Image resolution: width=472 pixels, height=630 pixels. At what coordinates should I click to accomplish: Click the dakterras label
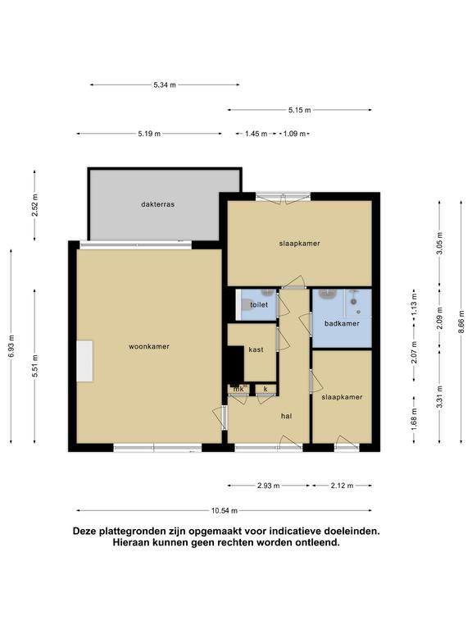coord(157,204)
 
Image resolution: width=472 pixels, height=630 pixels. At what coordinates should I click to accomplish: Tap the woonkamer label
coord(149,346)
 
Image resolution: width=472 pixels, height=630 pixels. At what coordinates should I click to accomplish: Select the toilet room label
coord(259,304)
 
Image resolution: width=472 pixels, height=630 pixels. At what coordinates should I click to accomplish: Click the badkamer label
coord(342,323)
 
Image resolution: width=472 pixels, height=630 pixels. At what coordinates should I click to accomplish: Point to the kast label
coord(256,349)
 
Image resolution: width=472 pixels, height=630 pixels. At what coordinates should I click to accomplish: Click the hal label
coord(286,416)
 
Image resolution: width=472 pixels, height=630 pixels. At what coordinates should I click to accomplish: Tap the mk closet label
coord(238,389)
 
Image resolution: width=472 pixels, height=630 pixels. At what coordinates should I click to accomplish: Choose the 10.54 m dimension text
coord(225,511)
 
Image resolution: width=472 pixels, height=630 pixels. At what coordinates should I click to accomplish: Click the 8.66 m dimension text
coord(461,322)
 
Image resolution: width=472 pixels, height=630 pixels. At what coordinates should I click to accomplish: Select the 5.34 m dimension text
coord(165,84)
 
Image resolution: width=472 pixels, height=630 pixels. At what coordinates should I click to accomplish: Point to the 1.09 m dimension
coord(295,134)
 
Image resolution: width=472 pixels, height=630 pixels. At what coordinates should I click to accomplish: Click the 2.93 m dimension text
coord(269,486)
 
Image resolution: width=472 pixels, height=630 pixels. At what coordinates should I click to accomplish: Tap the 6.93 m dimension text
coord(11,346)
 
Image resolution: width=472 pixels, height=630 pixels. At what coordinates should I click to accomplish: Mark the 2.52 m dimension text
coord(35,205)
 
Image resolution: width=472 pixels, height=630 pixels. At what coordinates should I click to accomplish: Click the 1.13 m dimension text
coord(415,304)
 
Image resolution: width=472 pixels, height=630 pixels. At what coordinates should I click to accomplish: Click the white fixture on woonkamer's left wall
coord(85,361)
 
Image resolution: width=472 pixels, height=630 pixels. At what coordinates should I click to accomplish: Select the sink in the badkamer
coord(329,294)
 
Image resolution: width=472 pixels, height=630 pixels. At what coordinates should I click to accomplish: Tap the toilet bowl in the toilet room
coord(245,305)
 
